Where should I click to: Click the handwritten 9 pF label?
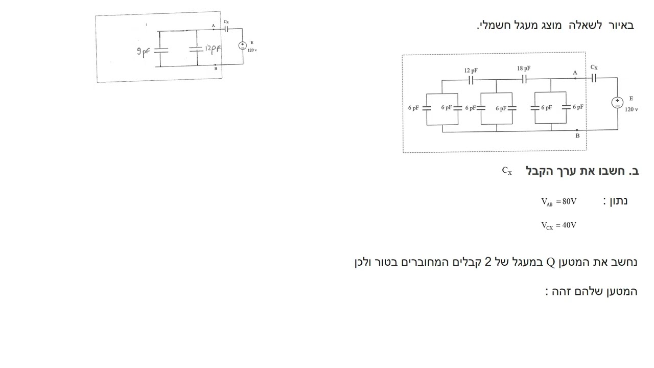(x=143, y=52)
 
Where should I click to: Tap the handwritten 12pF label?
(x=213, y=49)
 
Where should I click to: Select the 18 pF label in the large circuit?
(x=524, y=68)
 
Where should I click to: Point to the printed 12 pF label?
(x=471, y=71)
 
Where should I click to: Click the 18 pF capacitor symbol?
(x=524, y=79)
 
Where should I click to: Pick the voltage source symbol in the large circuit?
(x=617, y=103)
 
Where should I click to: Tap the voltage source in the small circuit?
(x=242, y=45)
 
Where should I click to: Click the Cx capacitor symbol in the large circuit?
(x=594, y=78)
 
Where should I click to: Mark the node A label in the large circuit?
(x=575, y=73)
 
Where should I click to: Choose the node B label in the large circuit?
(x=577, y=136)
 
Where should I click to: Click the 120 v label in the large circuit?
(x=631, y=109)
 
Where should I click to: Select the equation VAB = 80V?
(x=558, y=202)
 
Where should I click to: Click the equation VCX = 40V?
(x=558, y=225)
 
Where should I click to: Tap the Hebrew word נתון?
(x=618, y=201)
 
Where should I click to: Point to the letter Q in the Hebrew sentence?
(x=550, y=262)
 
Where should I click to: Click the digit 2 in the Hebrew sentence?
(x=488, y=262)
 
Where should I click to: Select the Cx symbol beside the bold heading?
(x=507, y=171)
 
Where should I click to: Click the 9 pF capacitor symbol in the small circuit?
(x=161, y=50)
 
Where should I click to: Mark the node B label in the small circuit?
(x=216, y=68)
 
